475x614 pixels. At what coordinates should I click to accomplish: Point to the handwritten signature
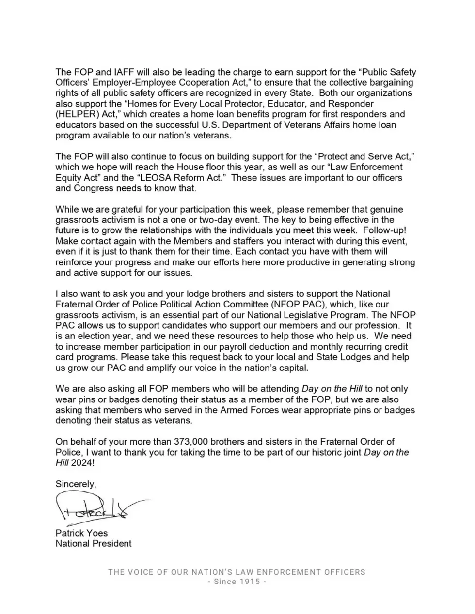[97, 508]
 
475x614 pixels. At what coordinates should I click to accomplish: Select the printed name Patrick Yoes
[81, 533]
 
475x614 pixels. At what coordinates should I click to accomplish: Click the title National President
[94, 544]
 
